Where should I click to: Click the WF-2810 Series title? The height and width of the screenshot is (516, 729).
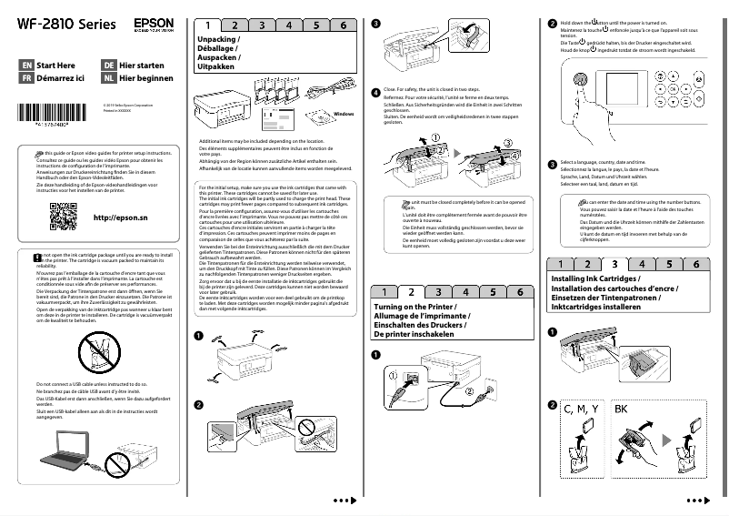(60, 22)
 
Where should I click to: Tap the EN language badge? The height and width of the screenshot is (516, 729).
(26, 66)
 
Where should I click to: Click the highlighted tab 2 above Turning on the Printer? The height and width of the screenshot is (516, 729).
(411, 292)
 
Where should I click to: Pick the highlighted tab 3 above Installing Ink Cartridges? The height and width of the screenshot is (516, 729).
(614, 264)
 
